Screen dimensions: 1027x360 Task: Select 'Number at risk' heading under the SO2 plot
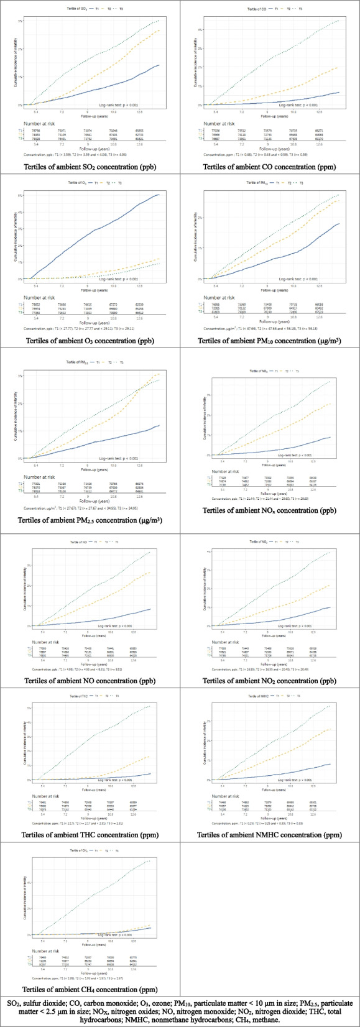click(39, 124)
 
